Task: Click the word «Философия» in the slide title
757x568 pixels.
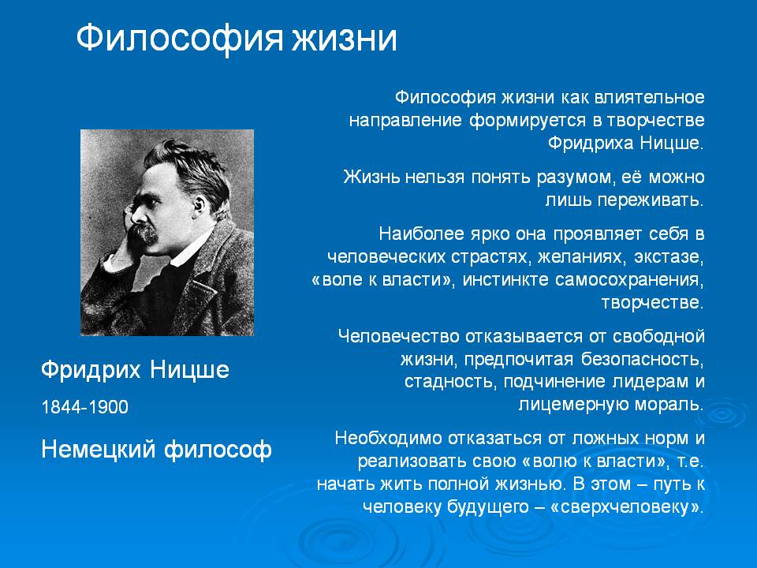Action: [x=179, y=39]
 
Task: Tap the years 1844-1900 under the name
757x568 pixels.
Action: [x=85, y=407]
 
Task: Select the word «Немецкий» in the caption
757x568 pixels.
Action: [x=99, y=449]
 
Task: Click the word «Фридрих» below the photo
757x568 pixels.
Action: [x=91, y=371]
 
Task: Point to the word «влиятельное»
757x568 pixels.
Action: [x=649, y=97]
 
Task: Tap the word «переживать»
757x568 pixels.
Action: [x=649, y=200]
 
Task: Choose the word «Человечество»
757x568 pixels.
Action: [x=398, y=336]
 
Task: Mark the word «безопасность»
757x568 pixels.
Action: [x=640, y=359]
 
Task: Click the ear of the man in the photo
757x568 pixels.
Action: [x=200, y=206]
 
